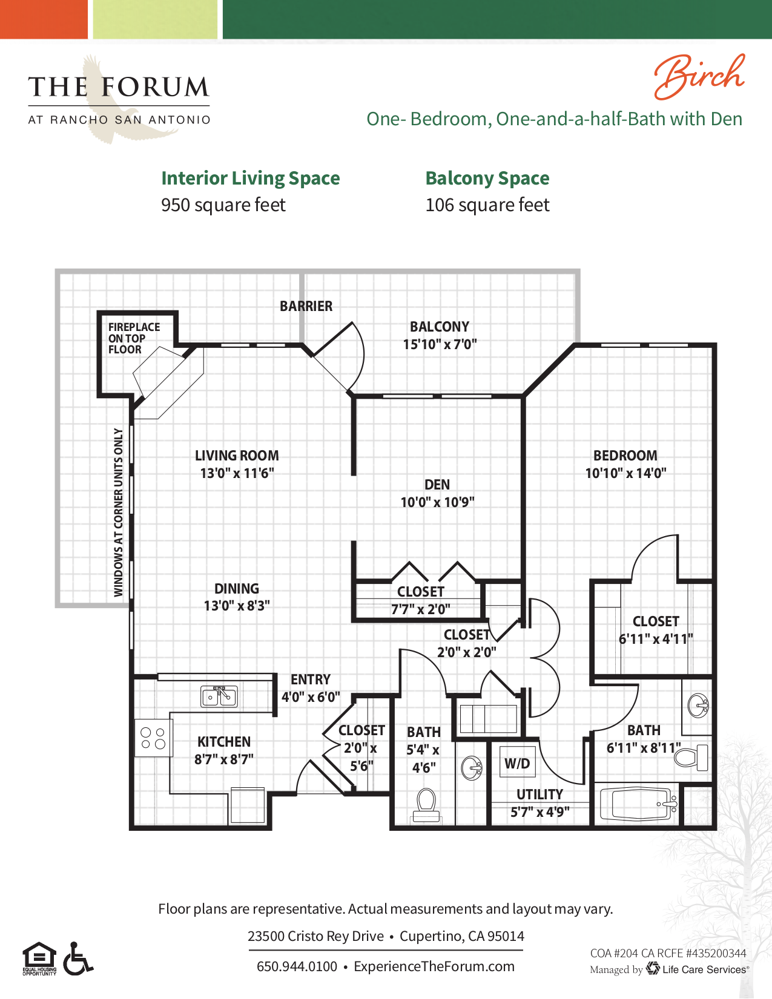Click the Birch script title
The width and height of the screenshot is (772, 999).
click(x=699, y=77)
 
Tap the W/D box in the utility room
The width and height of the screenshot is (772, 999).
click(x=517, y=764)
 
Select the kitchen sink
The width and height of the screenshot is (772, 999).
click(x=219, y=696)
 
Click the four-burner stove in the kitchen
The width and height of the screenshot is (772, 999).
click(x=153, y=738)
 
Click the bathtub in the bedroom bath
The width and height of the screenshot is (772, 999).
click(x=638, y=804)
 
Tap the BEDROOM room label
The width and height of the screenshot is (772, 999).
click(x=625, y=456)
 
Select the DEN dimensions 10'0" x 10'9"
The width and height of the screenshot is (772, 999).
click(x=437, y=502)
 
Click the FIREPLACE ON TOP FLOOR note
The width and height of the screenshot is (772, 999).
click(x=134, y=338)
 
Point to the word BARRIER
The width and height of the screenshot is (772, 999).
click(x=306, y=306)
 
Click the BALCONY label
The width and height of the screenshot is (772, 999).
click(x=440, y=327)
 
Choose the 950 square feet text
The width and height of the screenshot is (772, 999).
click(x=223, y=205)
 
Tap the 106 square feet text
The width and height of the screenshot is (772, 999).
click(x=487, y=205)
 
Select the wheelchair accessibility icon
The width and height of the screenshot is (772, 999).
click(x=78, y=958)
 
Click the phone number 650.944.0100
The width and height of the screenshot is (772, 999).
click(x=297, y=966)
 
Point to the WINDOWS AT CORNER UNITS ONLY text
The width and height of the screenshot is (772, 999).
click(x=119, y=512)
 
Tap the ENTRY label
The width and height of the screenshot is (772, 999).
click(x=310, y=680)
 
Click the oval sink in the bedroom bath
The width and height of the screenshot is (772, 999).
click(x=698, y=705)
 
